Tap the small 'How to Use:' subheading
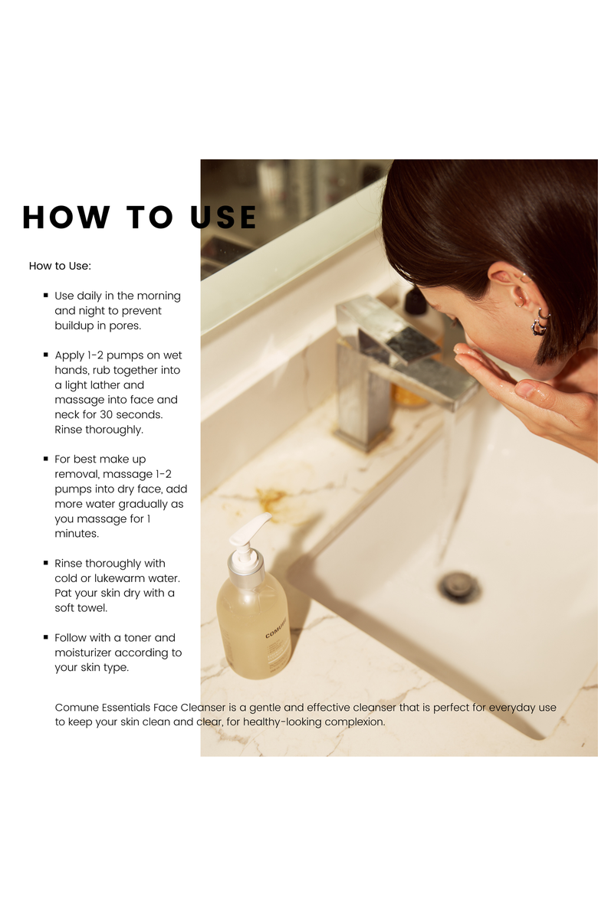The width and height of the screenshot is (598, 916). click(x=60, y=266)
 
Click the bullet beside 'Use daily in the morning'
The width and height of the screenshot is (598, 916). click(x=46, y=295)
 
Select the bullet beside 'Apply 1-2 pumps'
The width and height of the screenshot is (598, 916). click(x=46, y=355)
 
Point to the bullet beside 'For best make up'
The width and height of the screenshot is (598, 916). click(x=46, y=459)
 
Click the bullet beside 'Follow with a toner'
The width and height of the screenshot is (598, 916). click(x=46, y=637)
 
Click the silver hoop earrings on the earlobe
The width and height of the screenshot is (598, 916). click(x=540, y=322)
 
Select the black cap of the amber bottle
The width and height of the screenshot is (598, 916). click(x=416, y=300)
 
